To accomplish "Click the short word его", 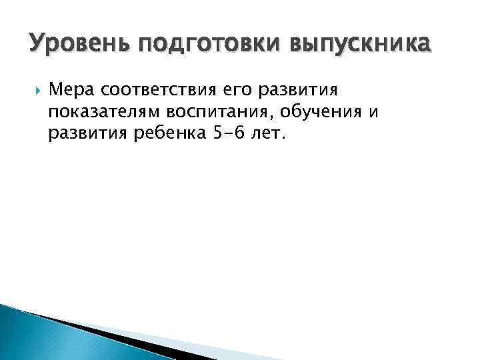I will click(245, 90).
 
